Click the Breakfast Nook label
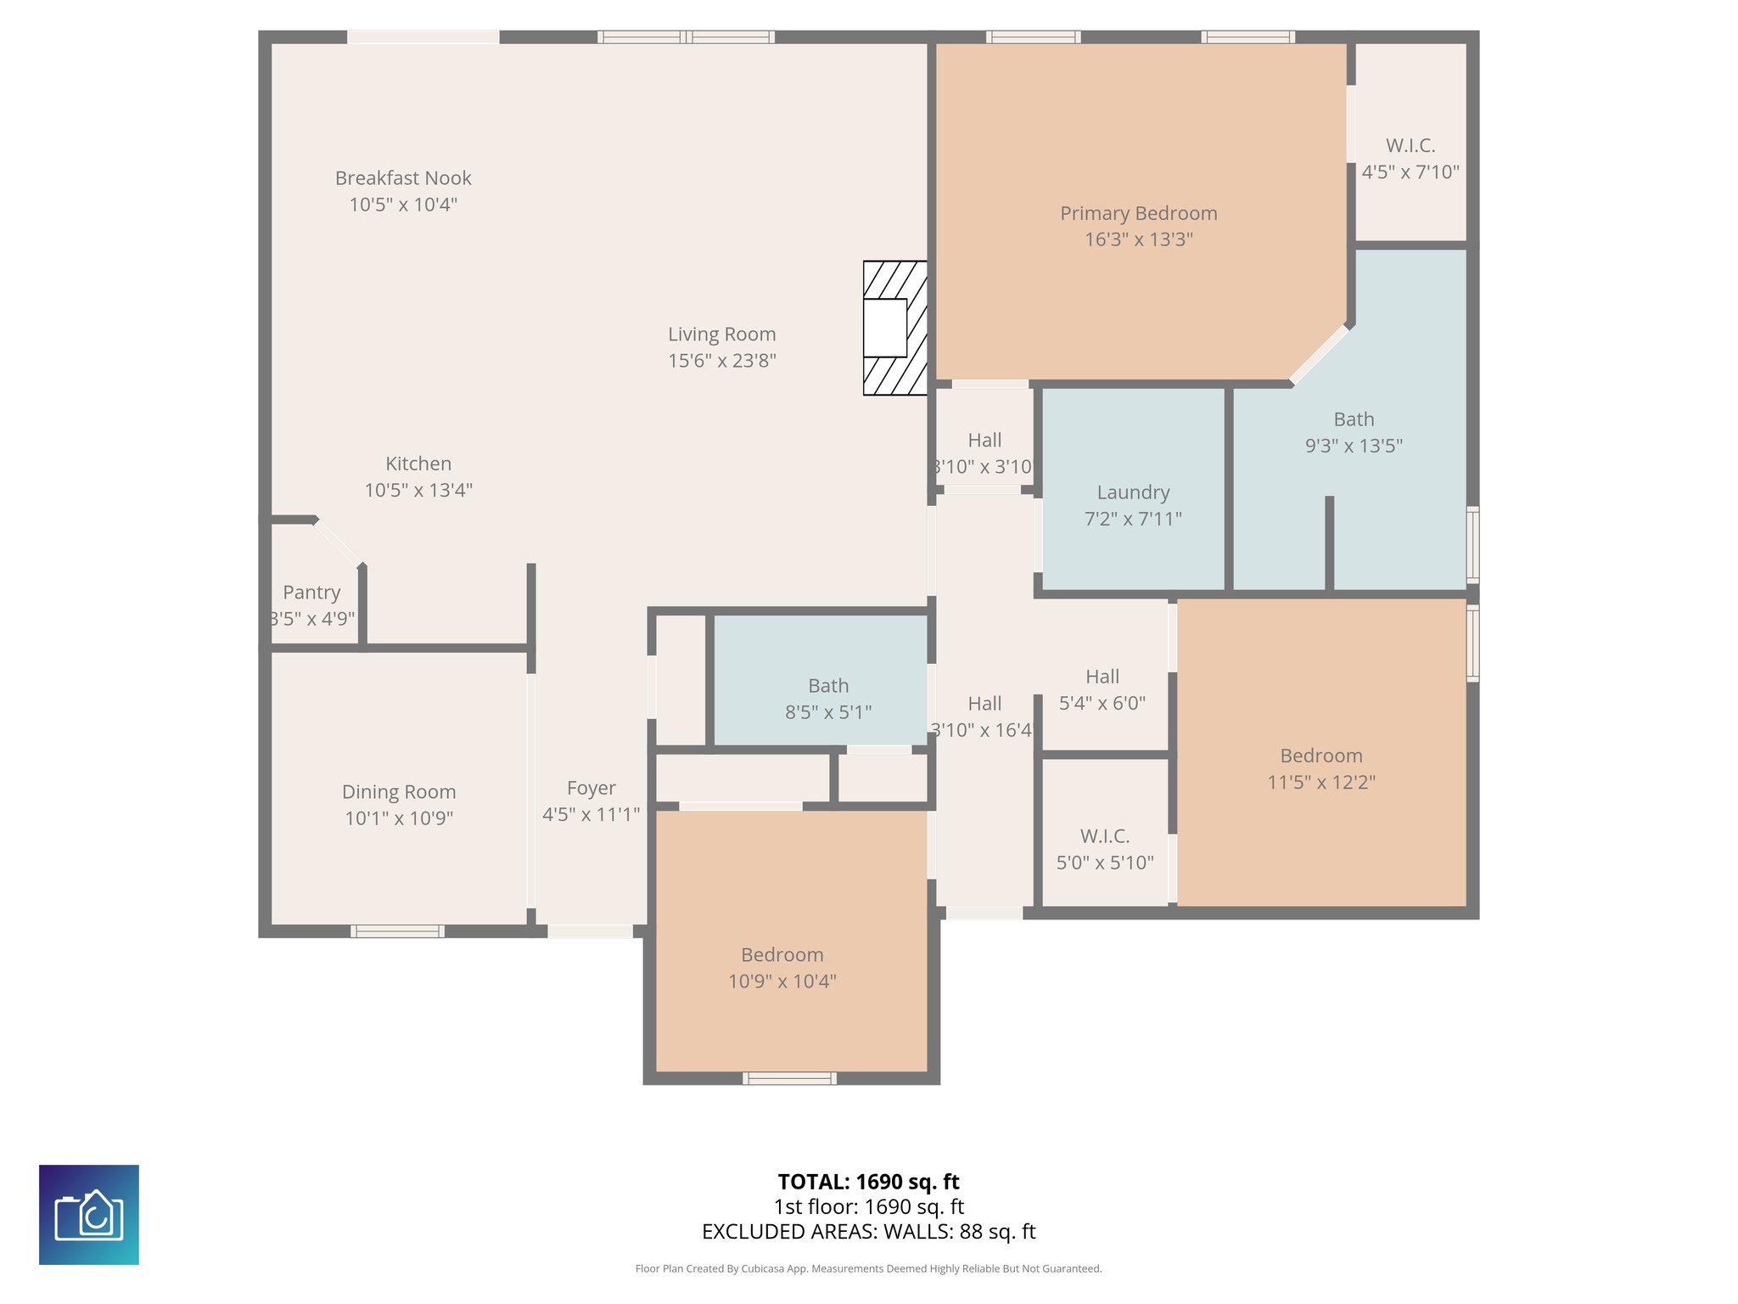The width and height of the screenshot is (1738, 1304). pos(403,178)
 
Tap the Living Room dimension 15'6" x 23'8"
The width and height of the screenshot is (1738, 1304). pos(721,361)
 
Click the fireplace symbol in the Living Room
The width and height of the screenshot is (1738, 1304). pos(894,328)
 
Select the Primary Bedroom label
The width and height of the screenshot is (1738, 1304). pos(1138,214)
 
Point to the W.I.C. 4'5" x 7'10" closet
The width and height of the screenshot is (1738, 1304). pos(1410,159)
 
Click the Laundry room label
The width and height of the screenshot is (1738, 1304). pos(1133,492)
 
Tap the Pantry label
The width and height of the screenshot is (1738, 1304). pos(311,593)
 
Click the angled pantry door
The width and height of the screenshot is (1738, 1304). pos(339,541)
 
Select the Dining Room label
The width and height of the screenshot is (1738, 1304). pos(399,792)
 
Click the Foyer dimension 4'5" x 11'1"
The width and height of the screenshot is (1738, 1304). pos(591,815)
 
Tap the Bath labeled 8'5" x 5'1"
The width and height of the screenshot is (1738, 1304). pos(827,698)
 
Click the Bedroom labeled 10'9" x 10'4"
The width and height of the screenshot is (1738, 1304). pos(782,968)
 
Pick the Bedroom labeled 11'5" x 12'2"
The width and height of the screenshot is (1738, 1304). pos(1320,768)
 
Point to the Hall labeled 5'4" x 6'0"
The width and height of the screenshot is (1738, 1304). pos(1102,689)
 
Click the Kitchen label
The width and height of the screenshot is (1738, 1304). pos(418,464)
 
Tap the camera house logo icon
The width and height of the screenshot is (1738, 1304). pos(89,1214)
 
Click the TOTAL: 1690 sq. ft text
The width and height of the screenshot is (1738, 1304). pos(868,1182)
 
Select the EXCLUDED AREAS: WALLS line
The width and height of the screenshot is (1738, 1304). pos(868,1232)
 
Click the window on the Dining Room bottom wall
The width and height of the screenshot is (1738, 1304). pos(397,931)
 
